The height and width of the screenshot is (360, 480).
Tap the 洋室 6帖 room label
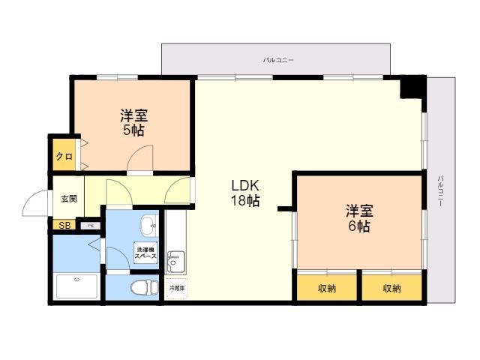coord(358,218)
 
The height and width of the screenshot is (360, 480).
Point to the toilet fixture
coord(141,287)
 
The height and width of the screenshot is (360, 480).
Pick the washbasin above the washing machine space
coord(147,223)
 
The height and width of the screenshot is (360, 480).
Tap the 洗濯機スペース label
coord(145,253)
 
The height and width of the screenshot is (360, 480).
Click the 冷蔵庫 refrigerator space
coord(175,286)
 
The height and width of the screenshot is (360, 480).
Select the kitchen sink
coord(175,260)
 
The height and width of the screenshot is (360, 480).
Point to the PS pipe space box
coord(91,225)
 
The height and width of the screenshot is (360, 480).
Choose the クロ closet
coord(64,157)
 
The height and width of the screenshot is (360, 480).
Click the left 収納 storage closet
coord(326,288)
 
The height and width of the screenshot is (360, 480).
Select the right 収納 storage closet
coord(391,288)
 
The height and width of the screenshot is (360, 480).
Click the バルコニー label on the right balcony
coord(439,190)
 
